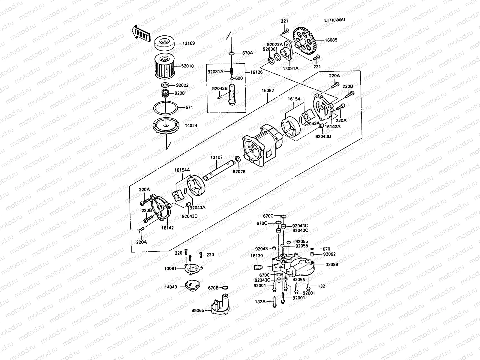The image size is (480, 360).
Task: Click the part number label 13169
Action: pyautogui.click(x=188, y=43)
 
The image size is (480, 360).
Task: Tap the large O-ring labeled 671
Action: pyautogui.click(x=165, y=107)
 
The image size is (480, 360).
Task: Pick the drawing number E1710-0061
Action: pyautogui.click(x=334, y=20)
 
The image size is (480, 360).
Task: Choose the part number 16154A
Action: pyautogui.click(x=182, y=170)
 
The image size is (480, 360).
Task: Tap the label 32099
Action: pyautogui.click(x=331, y=265)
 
